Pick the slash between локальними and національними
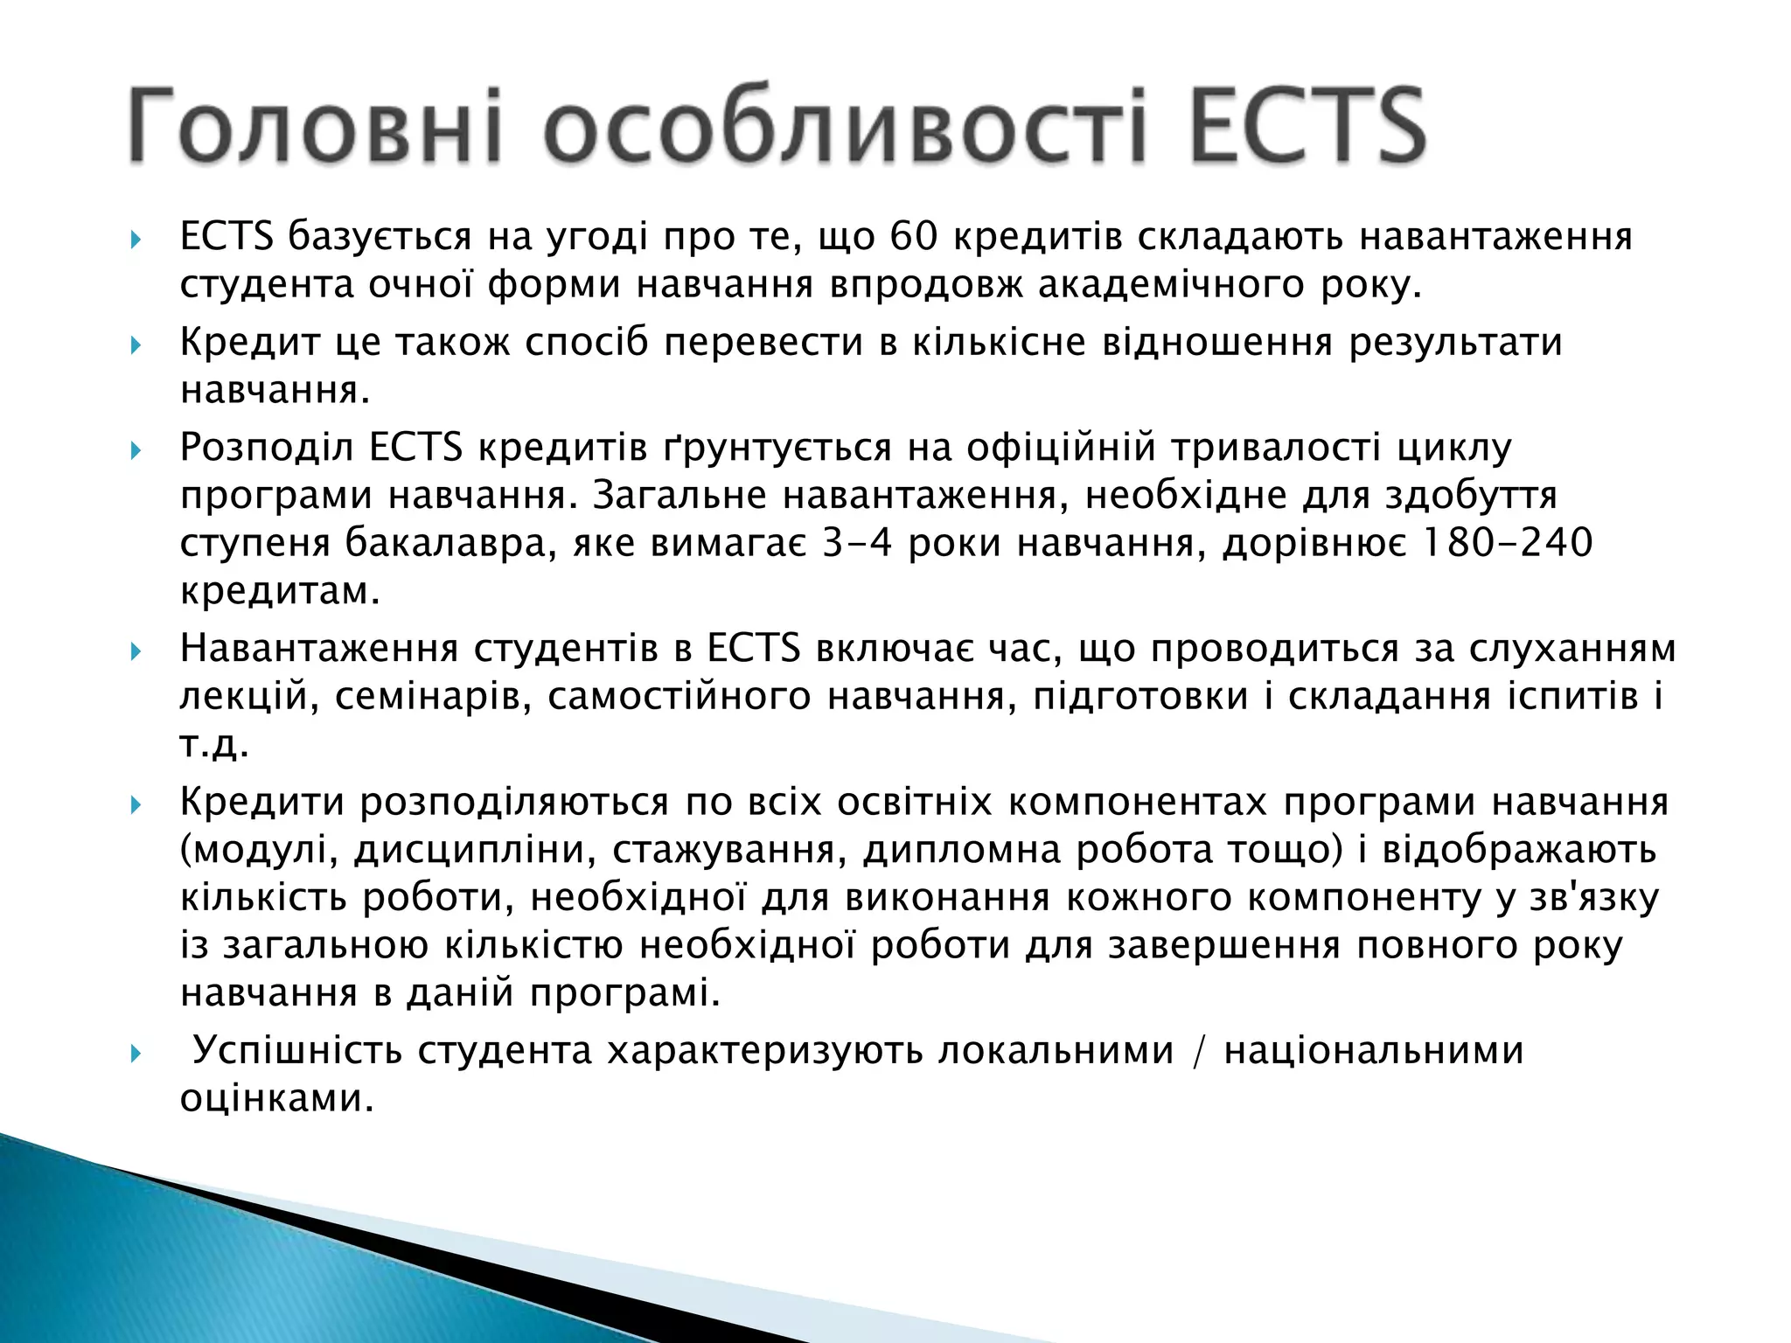(x=1199, y=1052)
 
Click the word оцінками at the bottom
(x=276, y=1099)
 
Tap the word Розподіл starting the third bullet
(x=266, y=448)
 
